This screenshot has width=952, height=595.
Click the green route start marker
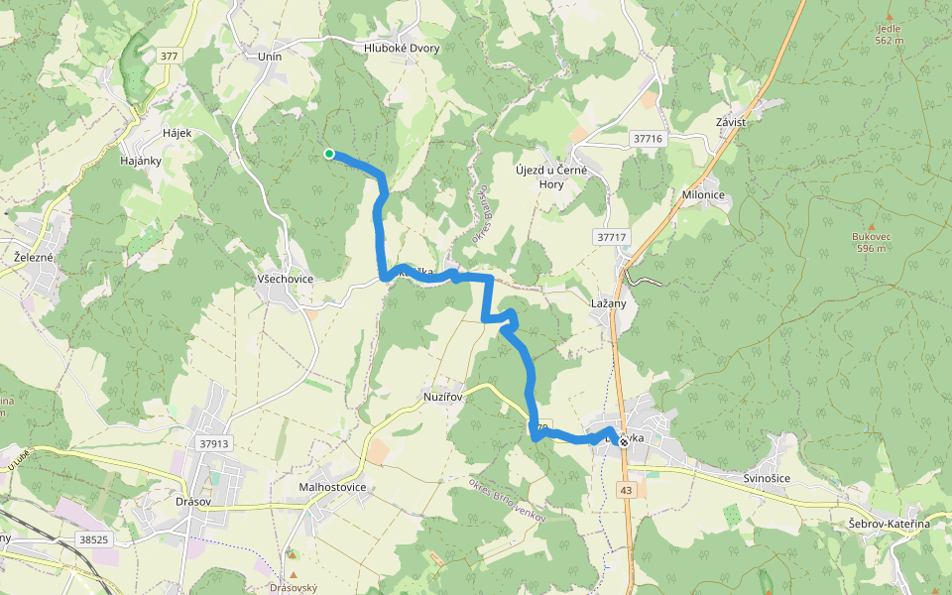point(328,153)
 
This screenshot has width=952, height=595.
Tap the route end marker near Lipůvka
point(623,442)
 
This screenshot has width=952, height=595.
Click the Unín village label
point(270,57)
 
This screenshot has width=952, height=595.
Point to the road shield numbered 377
point(168,57)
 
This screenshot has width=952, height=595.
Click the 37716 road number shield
point(647,140)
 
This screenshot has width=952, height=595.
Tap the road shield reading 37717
point(613,237)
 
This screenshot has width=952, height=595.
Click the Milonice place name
point(705,195)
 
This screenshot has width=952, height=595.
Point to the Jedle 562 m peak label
point(890,35)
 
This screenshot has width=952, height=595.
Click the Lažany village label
point(608,303)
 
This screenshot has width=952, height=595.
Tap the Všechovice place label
point(285,279)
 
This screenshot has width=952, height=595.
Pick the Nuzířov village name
point(442,395)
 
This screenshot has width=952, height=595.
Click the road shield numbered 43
point(626,490)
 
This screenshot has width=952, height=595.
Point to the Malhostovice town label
point(332,487)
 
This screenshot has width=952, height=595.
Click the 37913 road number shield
point(213,444)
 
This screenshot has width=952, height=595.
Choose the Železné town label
point(34,257)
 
